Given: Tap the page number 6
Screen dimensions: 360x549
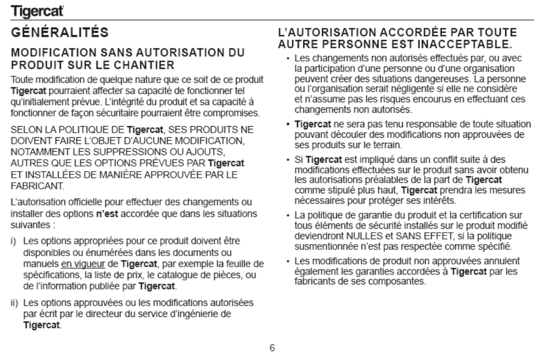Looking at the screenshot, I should (x=273, y=349).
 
